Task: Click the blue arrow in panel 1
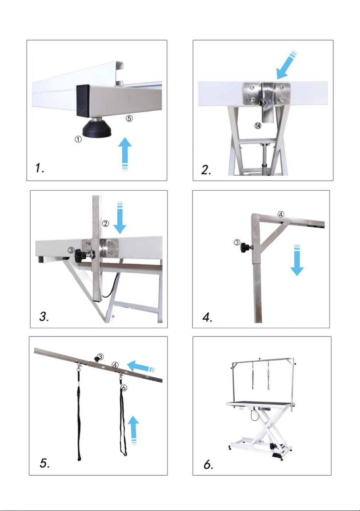[x=125, y=154]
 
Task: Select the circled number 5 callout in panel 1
[x=129, y=118]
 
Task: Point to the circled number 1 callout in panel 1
[x=78, y=139]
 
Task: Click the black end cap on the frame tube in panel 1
[x=83, y=100]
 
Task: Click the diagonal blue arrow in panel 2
[x=287, y=65]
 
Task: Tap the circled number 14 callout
[x=258, y=125]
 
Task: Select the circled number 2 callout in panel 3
[x=105, y=223]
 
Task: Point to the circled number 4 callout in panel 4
[x=281, y=214]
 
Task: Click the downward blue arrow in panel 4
[x=297, y=260]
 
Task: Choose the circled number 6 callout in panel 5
[x=124, y=387]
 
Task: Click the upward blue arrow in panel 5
[x=133, y=430]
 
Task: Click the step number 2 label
[x=206, y=170]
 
